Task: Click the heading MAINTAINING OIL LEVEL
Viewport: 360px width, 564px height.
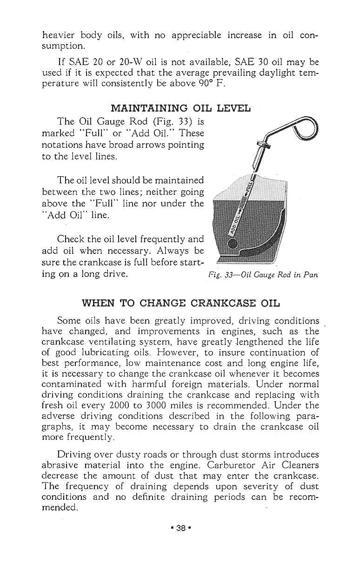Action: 181,108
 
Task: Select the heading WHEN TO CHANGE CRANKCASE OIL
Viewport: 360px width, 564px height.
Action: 181,303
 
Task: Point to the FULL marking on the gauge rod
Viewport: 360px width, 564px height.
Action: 248,188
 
